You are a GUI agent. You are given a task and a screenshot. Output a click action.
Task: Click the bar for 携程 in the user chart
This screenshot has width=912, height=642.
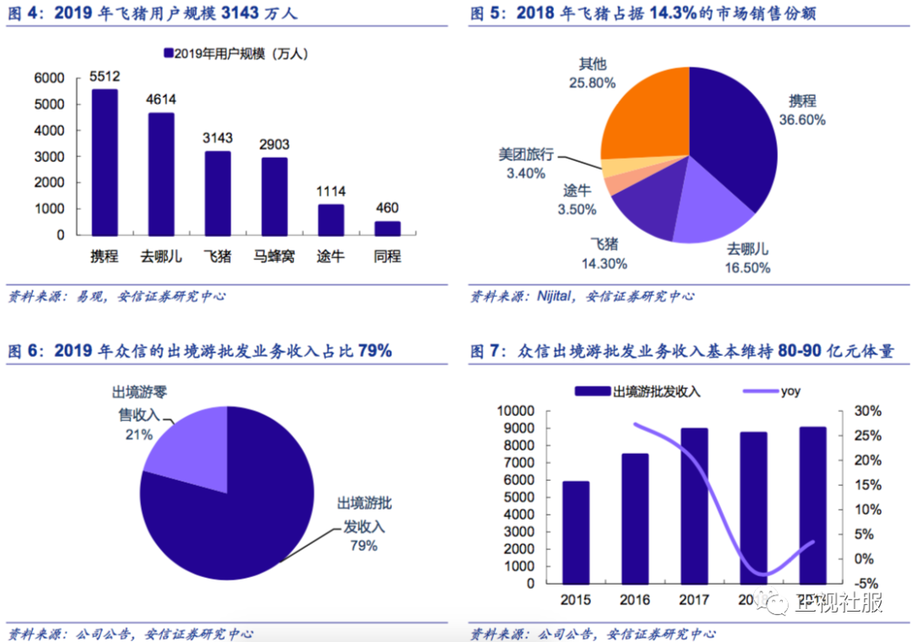[x=105, y=162]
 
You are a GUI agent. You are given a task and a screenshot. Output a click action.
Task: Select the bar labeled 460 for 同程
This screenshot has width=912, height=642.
[x=388, y=228]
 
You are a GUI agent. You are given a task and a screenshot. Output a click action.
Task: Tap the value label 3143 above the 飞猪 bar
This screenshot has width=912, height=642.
[x=218, y=138]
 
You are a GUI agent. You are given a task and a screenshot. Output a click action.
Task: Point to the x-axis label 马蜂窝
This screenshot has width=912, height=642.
[x=274, y=256]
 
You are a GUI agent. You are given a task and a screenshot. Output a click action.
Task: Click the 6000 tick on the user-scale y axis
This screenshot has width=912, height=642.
[x=49, y=78]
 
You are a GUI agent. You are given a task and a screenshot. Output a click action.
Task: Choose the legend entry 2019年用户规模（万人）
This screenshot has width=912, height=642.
[x=235, y=53]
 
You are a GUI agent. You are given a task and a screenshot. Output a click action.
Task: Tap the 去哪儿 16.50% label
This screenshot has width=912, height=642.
[x=748, y=259]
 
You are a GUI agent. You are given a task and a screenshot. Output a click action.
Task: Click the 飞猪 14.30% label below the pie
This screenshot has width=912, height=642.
[x=604, y=254]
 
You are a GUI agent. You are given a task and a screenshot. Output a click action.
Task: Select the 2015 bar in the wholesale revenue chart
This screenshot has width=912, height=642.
[x=576, y=531]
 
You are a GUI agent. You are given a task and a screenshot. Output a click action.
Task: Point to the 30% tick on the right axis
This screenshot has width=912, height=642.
[x=868, y=411]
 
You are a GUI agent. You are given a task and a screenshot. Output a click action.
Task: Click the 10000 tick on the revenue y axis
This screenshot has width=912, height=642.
[x=518, y=411]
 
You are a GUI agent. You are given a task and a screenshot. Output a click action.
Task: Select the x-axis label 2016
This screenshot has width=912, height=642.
[x=635, y=600]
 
